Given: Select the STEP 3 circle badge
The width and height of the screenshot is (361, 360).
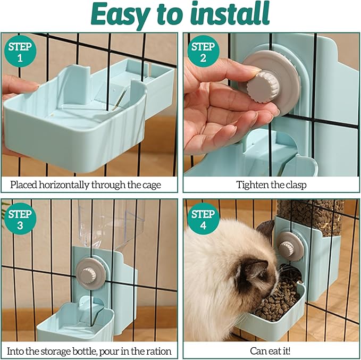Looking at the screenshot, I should coord(20,219).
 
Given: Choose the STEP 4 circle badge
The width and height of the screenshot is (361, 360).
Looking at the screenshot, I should coord(203,219).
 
